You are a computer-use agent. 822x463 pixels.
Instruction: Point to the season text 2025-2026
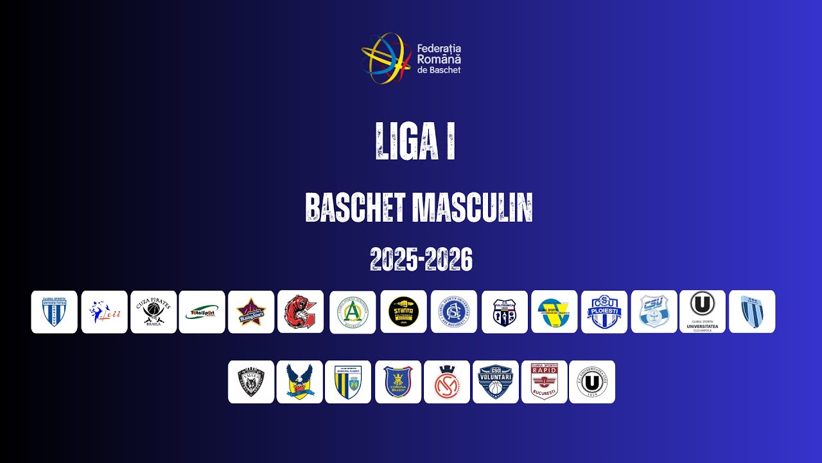[x=421, y=259]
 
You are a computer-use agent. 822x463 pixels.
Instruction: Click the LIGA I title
[x=415, y=140]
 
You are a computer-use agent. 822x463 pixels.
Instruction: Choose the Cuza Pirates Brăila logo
[x=153, y=312]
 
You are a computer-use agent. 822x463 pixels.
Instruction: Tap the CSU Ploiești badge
[x=604, y=312]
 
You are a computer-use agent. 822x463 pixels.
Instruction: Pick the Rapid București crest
[x=544, y=382]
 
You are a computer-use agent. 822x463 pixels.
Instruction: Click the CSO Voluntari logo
[x=496, y=382]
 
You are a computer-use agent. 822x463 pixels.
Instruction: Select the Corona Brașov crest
[x=398, y=382]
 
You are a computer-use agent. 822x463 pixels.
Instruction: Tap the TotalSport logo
[x=202, y=312]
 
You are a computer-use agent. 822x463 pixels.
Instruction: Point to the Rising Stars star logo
[x=251, y=312]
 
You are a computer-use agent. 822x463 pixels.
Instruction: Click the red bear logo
[x=301, y=312]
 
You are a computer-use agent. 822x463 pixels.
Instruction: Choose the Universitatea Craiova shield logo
[x=54, y=312]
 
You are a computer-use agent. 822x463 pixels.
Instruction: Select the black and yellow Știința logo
[x=403, y=312]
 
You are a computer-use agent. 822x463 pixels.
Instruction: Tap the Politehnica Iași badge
[x=505, y=312]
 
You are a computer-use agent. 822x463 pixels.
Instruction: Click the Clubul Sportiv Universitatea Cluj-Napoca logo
[x=703, y=312]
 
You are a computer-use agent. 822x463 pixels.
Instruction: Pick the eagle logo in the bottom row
[x=300, y=382]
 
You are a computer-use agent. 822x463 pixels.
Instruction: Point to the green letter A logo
[x=353, y=312]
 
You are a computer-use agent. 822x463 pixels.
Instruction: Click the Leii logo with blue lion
[x=104, y=312]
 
